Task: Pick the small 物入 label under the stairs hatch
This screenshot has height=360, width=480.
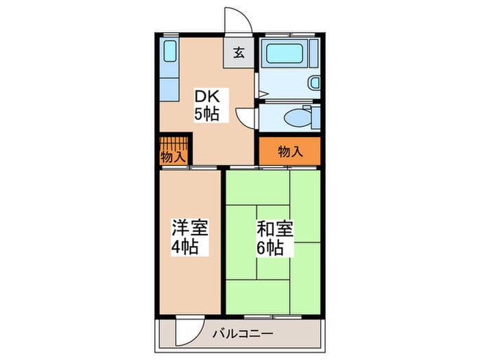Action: [172, 157]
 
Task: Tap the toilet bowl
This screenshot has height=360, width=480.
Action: [296, 117]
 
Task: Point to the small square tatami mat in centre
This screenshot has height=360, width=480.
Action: [273, 241]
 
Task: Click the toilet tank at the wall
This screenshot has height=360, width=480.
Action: [315, 117]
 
